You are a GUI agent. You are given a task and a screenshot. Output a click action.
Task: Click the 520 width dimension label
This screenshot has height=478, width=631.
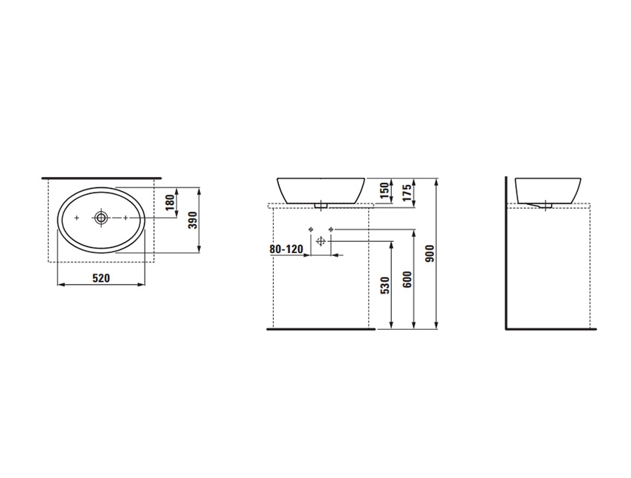point(101,277)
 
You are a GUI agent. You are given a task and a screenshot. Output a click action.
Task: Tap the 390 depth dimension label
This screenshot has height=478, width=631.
point(193,220)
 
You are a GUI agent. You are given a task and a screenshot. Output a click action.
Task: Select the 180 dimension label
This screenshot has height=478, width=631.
point(170,202)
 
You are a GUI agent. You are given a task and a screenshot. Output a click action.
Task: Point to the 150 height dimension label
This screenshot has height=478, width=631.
point(385,190)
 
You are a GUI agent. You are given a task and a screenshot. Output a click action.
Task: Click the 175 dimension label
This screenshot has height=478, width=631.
point(407,193)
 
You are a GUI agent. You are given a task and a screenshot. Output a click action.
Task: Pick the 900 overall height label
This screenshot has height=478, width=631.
point(430,254)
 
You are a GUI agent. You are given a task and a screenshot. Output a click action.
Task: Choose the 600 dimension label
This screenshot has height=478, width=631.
point(407,280)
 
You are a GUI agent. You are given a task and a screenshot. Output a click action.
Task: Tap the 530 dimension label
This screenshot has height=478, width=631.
point(385,285)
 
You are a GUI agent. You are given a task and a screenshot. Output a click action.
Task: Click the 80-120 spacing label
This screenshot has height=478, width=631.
point(286,249)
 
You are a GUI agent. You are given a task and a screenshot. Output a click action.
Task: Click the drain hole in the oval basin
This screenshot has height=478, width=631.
point(101,218)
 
